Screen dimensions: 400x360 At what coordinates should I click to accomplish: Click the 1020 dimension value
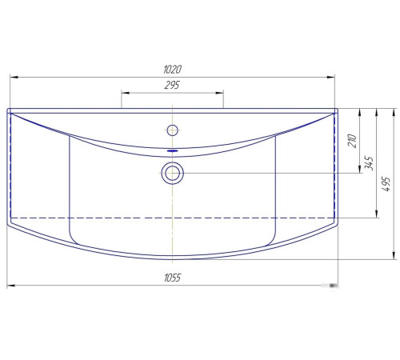coord(172,70)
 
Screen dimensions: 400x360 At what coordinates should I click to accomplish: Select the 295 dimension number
coord(172,85)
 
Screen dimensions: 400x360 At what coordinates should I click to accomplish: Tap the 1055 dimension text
coord(172,278)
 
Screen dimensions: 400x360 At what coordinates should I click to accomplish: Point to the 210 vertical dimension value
coord(352,141)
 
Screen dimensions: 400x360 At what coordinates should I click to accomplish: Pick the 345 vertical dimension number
coord(369,163)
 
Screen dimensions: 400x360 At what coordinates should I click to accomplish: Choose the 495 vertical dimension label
coord(386,183)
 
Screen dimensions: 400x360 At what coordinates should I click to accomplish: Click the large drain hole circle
coord(173,173)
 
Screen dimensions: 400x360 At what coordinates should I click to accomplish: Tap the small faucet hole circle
coord(173,130)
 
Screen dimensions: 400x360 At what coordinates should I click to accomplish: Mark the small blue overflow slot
coord(173,151)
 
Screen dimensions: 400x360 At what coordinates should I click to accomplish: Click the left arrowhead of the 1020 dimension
coord(14,77)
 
